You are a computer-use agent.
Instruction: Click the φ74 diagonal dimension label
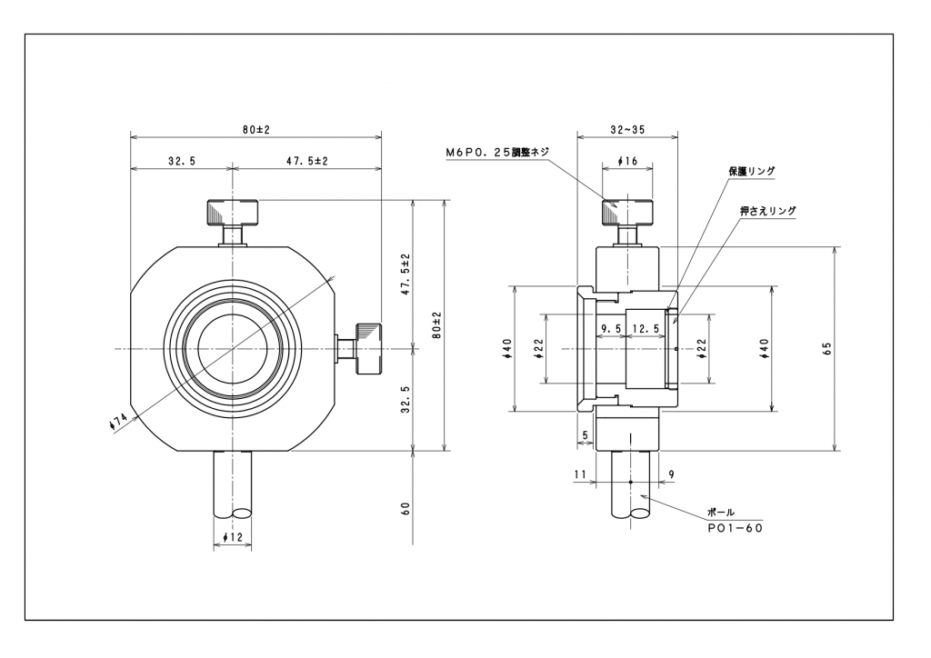click(x=118, y=422)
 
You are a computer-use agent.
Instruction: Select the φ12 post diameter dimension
click(x=235, y=537)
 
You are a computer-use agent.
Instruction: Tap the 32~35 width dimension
click(x=626, y=130)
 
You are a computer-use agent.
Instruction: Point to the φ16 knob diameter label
click(x=626, y=161)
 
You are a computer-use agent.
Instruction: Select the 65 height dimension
click(x=826, y=349)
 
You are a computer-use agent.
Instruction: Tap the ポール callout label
click(x=721, y=513)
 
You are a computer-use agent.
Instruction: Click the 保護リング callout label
click(x=752, y=170)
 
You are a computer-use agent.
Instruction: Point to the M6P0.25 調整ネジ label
click(x=496, y=152)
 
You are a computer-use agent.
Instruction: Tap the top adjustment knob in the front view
click(x=234, y=213)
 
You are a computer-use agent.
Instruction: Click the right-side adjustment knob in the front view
click(x=367, y=348)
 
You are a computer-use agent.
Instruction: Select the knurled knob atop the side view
click(x=626, y=213)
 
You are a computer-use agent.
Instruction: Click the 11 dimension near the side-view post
click(x=578, y=474)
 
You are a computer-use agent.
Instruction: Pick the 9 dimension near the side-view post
click(x=670, y=474)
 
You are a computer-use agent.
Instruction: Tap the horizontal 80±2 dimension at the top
click(x=255, y=130)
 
